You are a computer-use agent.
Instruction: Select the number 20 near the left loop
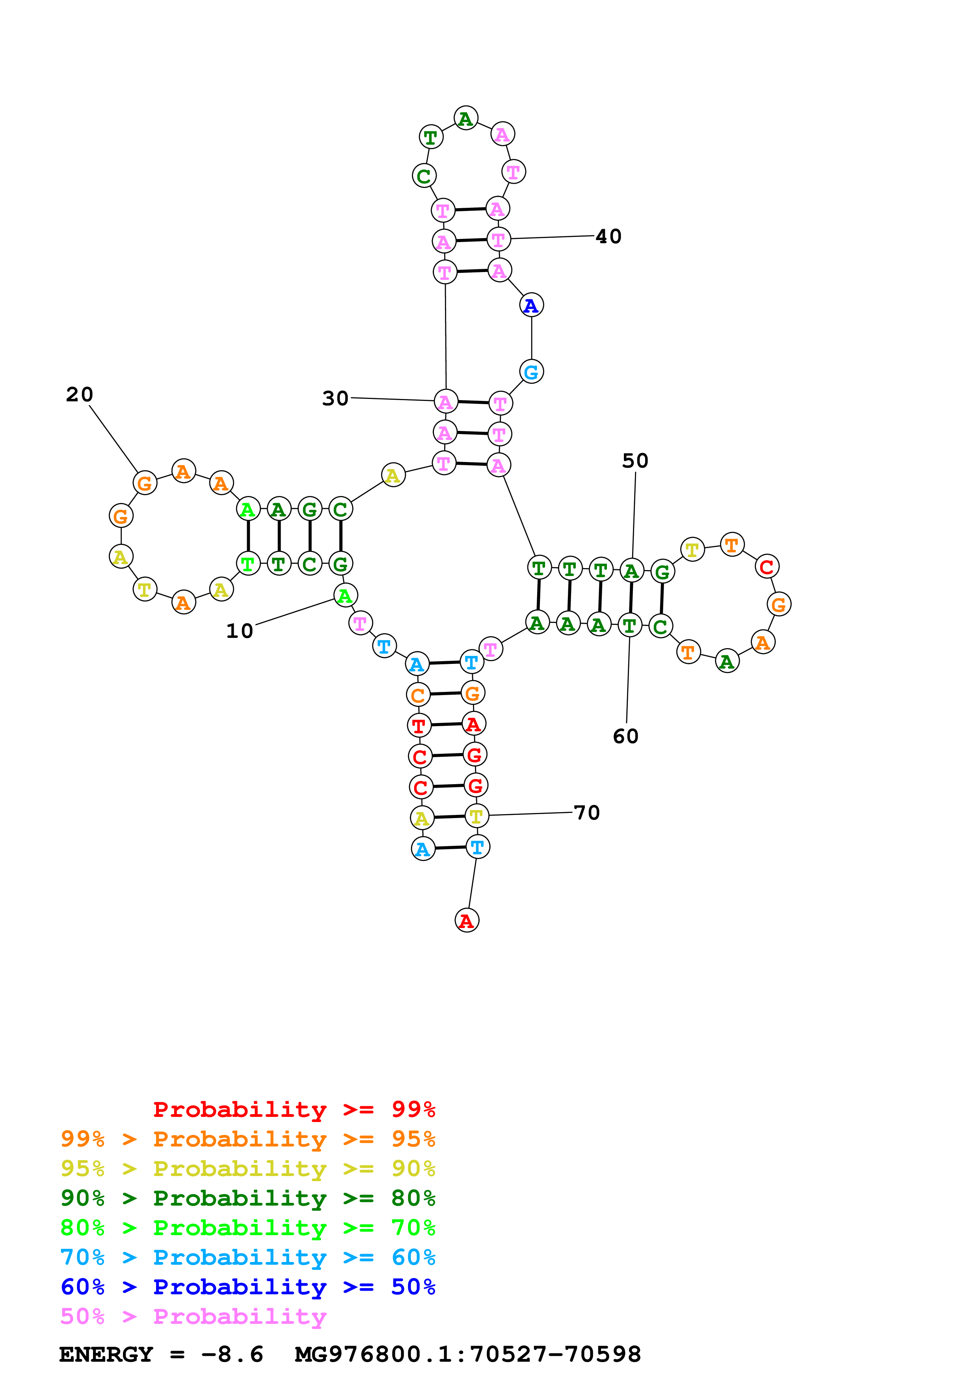click(x=80, y=395)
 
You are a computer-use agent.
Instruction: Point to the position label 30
click(x=335, y=398)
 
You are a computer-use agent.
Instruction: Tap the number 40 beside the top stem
click(x=608, y=236)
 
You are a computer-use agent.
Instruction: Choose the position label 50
click(x=635, y=461)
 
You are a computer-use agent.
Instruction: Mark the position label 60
click(x=625, y=736)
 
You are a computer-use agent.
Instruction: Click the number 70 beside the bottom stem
click(x=587, y=813)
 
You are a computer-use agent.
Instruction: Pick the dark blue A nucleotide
click(x=531, y=306)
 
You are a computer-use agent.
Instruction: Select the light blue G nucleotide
click(x=531, y=372)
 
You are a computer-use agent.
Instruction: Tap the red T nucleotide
click(x=419, y=725)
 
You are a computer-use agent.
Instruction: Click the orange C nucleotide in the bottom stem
click(x=418, y=695)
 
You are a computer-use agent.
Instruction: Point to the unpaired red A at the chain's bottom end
click(x=467, y=921)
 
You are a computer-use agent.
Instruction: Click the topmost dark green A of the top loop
click(x=465, y=119)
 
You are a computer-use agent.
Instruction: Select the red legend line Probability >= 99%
click(x=294, y=1109)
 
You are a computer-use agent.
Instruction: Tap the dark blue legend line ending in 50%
click(x=248, y=1287)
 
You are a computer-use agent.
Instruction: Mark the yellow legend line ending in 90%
click(x=248, y=1169)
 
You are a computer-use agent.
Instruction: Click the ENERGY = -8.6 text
click(x=161, y=1354)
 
